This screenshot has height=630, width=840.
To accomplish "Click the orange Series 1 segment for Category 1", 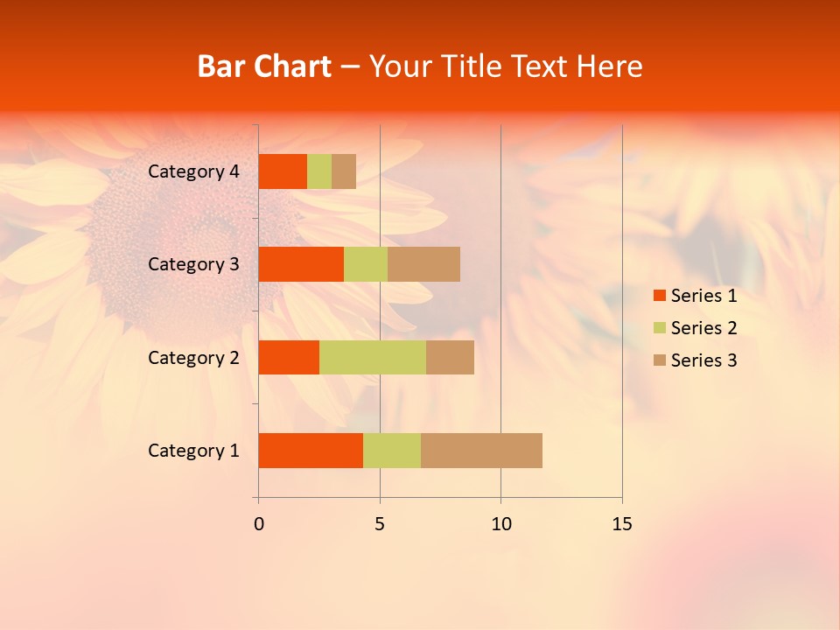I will pos(311,451).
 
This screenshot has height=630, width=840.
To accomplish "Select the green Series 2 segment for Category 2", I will pos(373,357).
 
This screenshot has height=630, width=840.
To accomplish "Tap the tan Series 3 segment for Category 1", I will pos(481,451).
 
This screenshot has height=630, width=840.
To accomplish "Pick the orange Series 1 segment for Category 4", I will pos(283,171).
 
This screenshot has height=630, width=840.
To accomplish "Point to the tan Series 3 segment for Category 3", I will pos(423,264).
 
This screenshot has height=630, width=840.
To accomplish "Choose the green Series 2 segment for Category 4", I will pos(319,171).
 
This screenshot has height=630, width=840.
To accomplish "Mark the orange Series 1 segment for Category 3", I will pos(301,264).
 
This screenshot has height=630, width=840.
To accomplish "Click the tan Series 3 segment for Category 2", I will pos(450,357).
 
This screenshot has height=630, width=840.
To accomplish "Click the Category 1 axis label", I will pos(193,451).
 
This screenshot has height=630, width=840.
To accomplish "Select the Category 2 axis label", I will pos(193,357).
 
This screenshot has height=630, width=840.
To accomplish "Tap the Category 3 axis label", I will pos(193,264).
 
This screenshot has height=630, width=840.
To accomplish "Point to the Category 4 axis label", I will pos(193,171).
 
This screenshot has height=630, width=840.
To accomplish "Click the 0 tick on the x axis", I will pos(258,524).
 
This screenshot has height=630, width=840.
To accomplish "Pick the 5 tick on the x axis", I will pos(380,524).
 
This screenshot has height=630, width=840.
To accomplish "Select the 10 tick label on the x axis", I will pos(500,524).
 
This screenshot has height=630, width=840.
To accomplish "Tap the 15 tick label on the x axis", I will pos(621,524).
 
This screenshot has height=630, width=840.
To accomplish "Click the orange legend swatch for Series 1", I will pos(659,296).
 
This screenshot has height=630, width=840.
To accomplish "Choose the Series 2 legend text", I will pos(703,328).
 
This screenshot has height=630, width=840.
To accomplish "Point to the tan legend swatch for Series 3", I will pos(659,360).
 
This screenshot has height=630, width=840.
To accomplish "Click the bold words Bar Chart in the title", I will pos(264,66).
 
